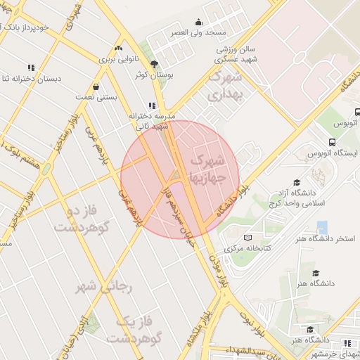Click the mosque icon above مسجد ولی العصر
[198, 22]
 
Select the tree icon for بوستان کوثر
[154, 63]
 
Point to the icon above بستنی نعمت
[96, 87]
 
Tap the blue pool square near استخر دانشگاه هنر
[322, 228]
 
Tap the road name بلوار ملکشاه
[199, 330]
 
